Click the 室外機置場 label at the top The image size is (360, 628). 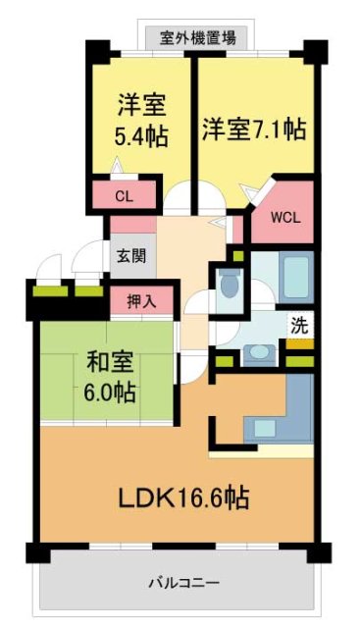click(x=204, y=38)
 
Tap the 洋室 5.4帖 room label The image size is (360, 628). click(x=139, y=119)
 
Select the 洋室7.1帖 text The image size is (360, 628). click(x=255, y=129)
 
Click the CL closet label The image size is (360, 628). click(x=124, y=196)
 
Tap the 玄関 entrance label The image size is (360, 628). click(x=130, y=257)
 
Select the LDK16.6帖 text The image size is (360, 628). click(x=183, y=498)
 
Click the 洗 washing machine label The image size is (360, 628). click(x=299, y=322)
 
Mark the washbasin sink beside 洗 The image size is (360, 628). click(x=259, y=348)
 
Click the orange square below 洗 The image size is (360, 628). click(x=299, y=342)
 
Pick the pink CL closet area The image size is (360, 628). click(x=124, y=196)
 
